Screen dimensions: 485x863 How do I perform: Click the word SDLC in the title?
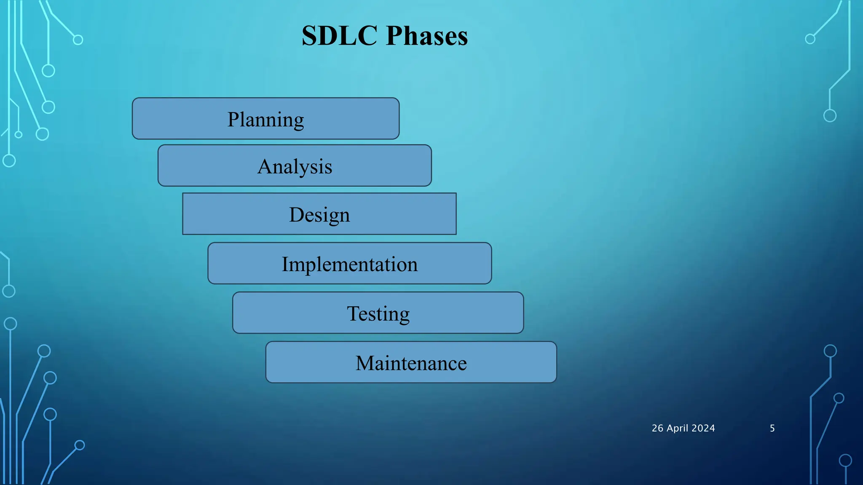tap(339, 36)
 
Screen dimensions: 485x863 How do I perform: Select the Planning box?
tap(265, 119)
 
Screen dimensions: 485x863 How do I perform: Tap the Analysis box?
tap(295, 166)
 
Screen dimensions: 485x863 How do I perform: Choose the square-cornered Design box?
tap(319, 214)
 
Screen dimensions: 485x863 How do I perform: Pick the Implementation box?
tap(349, 264)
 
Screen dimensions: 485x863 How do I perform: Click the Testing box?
tap(378, 313)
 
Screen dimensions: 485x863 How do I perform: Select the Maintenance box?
tap(411, 362)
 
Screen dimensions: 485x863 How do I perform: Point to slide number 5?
tap(772, 428)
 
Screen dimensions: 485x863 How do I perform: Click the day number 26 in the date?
tap(657, 428)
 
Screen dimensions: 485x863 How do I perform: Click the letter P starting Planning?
tap(233, 119)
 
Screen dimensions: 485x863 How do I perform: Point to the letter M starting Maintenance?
tap(365, 363)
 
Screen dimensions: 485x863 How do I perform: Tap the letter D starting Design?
tap(297, 214)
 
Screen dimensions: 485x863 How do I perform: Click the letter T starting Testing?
tap(353, 313)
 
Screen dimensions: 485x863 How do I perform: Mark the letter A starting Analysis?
tap(265, 166)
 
